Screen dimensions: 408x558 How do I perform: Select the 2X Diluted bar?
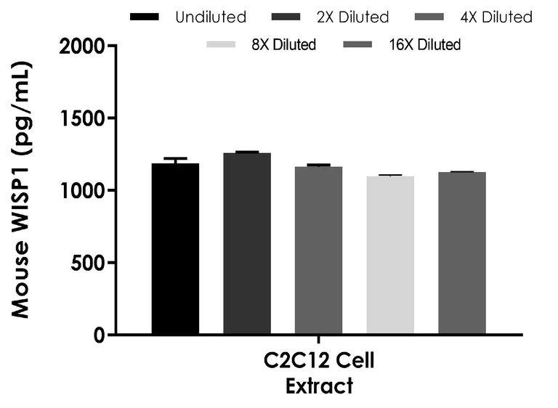[247, 244]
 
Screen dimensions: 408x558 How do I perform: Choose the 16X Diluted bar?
[461, 253]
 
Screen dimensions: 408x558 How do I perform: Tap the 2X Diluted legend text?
[352, 17]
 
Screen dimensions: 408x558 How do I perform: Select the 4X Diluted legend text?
[497, 17]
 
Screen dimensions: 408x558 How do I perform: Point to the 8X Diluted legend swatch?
[222, 45]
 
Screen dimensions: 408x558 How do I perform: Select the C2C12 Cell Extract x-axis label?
[319, 373]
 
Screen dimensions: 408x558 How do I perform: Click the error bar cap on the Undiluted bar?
[175, 158]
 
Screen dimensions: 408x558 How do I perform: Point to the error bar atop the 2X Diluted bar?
[247, 152]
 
